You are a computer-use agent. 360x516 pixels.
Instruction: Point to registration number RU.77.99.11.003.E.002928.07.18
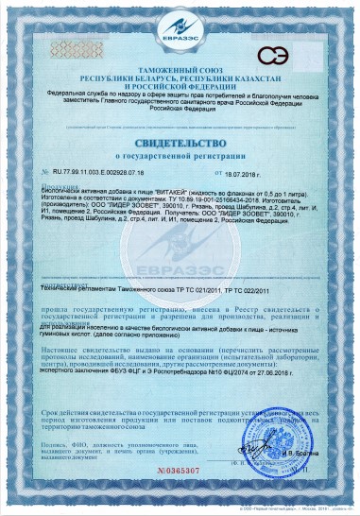[x=103, y=175]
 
